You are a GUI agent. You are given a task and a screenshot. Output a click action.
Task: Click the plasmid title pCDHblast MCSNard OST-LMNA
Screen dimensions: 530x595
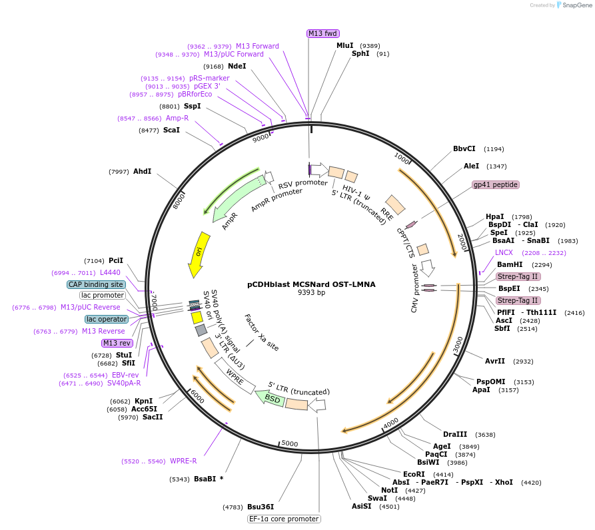(311, 284)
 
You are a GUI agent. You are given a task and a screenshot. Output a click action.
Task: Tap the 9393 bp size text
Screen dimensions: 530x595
(311, 293)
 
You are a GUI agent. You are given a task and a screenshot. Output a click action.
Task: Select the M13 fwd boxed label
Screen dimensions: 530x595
(322, 33)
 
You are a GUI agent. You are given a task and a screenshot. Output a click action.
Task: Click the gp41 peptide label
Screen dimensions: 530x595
(495, 184)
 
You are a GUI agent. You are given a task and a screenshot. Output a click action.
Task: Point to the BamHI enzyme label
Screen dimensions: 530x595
(510, 264)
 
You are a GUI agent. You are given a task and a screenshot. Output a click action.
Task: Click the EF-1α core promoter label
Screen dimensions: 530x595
(284, 519)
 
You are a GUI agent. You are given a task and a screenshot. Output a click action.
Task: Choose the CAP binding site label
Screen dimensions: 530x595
(95, 284)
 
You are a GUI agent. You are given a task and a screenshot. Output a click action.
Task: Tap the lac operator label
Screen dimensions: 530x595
(106, 319)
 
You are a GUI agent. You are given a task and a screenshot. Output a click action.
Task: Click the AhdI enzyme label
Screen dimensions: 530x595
(142, 171)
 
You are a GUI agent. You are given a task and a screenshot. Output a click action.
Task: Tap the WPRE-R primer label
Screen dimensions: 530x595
(183, 461)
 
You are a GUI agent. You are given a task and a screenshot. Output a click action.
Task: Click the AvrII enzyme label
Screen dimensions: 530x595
(495, 361)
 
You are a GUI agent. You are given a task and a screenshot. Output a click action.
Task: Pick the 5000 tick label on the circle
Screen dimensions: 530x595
(290, 443)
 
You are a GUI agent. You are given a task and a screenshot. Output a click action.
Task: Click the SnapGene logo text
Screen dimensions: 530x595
(577, 5)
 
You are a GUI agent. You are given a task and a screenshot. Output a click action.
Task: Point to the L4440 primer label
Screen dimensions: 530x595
(111, 273)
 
